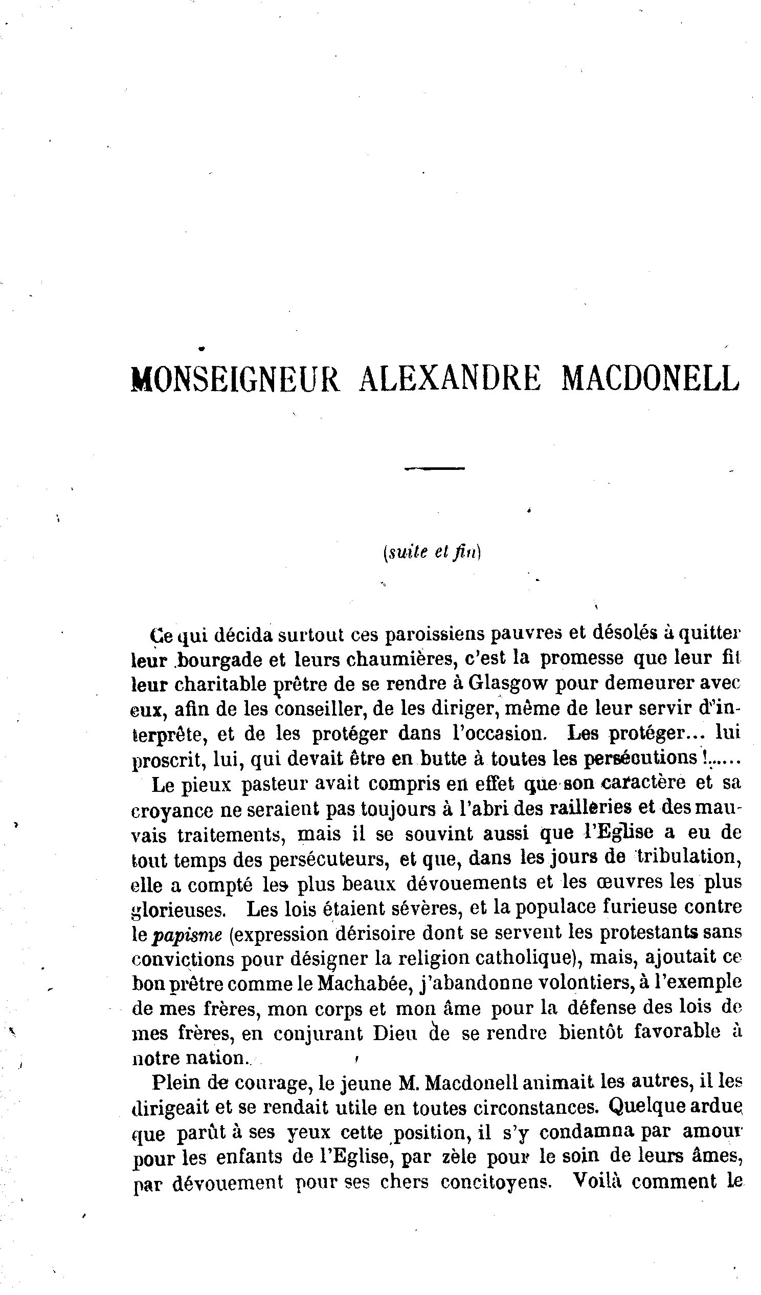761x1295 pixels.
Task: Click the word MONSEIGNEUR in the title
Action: point(235,379)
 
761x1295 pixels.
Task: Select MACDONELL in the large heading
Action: point(651,379)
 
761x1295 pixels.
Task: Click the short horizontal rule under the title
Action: point(434,468)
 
